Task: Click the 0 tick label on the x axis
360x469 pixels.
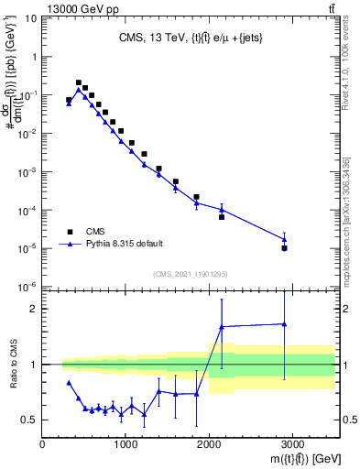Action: click(42, 444)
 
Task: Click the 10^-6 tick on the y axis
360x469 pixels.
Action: click(27, 287)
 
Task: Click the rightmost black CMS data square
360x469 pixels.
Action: click(285, 248)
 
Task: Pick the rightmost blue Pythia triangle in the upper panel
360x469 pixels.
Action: click(285, 239)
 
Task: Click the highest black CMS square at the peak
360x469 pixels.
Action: click(79, 82)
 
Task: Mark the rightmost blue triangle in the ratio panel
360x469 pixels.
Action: click(285, 323)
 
